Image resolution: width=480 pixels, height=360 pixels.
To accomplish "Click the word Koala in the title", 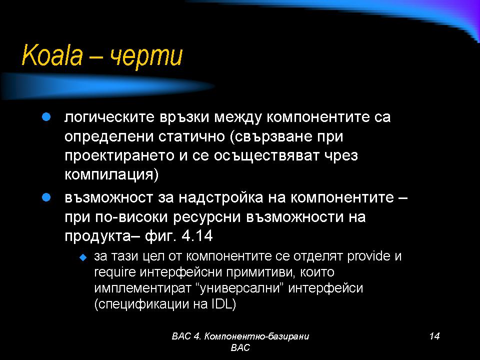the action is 52,55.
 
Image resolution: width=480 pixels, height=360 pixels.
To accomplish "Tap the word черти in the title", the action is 146,57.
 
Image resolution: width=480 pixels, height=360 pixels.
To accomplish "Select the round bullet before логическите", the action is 46,117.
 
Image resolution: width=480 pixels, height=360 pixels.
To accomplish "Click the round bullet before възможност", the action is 46,197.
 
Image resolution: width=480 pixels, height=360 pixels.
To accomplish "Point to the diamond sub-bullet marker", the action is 83,257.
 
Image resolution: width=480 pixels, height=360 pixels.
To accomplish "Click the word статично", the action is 191,136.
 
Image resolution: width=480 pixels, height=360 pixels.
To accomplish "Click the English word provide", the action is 368,256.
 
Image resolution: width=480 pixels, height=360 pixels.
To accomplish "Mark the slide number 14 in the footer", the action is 434,336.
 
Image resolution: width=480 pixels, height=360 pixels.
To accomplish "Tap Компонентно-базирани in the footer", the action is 256,336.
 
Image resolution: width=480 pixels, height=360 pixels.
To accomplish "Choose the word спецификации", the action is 141,304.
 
